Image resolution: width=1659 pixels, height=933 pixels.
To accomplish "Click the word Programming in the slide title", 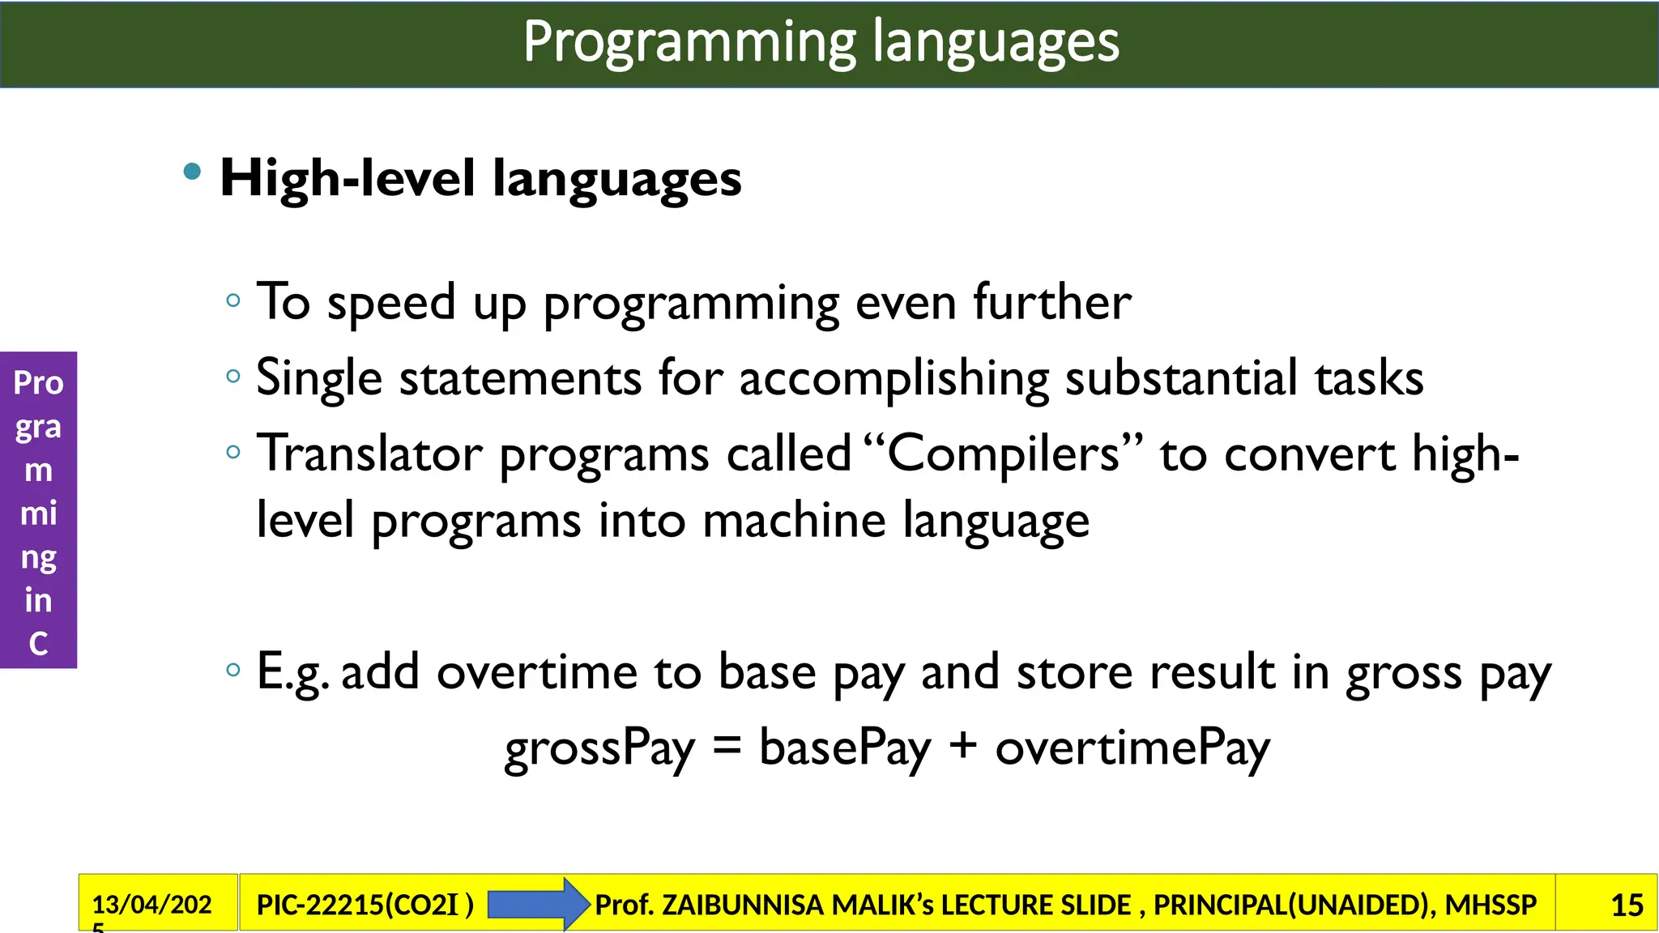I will (689, 42).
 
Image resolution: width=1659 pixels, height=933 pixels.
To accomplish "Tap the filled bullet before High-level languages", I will (192, 171).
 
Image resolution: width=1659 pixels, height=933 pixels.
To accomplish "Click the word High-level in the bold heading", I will (348, 178).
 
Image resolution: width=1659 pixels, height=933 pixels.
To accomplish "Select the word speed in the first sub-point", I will (391, 303).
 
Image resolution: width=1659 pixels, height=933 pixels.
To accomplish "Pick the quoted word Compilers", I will (1003, 453).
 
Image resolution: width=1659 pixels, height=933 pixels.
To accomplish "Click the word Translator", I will (369, 453).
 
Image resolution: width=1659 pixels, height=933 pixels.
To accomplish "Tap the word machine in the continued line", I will (794, 520).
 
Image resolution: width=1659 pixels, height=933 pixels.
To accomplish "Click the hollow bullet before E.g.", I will (233, 670).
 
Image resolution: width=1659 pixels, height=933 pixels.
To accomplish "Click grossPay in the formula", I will (599, 748).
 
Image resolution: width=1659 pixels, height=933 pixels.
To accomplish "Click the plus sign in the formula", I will (962, 746).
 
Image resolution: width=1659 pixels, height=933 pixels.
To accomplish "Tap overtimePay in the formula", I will (1132, 748).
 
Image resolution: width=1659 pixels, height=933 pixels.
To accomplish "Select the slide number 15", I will (1627, 905).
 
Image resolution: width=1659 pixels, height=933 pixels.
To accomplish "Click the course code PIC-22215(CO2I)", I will (365, 905).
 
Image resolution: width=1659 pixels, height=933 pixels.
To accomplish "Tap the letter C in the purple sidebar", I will (38, 644).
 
